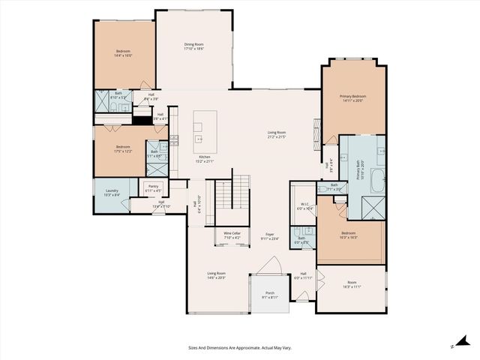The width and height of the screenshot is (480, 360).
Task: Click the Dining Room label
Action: pos(194,45)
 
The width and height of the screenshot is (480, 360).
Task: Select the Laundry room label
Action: pos(112,190)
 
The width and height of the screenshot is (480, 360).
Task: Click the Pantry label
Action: pos(153,186)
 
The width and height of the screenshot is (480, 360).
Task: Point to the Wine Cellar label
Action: pos(232,234)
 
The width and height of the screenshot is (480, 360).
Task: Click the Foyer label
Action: pos(268,235)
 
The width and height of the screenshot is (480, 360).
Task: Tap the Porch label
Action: pos(269,294)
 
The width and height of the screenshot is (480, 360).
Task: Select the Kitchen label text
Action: pos(205,156)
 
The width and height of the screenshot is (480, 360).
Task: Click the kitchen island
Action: pos(205,127)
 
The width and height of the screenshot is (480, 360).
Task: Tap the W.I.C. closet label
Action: pos(304,204)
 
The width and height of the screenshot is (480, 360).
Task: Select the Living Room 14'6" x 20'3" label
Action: pos(217,274)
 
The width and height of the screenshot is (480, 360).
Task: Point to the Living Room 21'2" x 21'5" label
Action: pos(277,133)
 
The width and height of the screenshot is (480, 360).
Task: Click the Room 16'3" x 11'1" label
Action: pos(352,285)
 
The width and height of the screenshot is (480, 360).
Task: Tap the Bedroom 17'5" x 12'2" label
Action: pos(124,148)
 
